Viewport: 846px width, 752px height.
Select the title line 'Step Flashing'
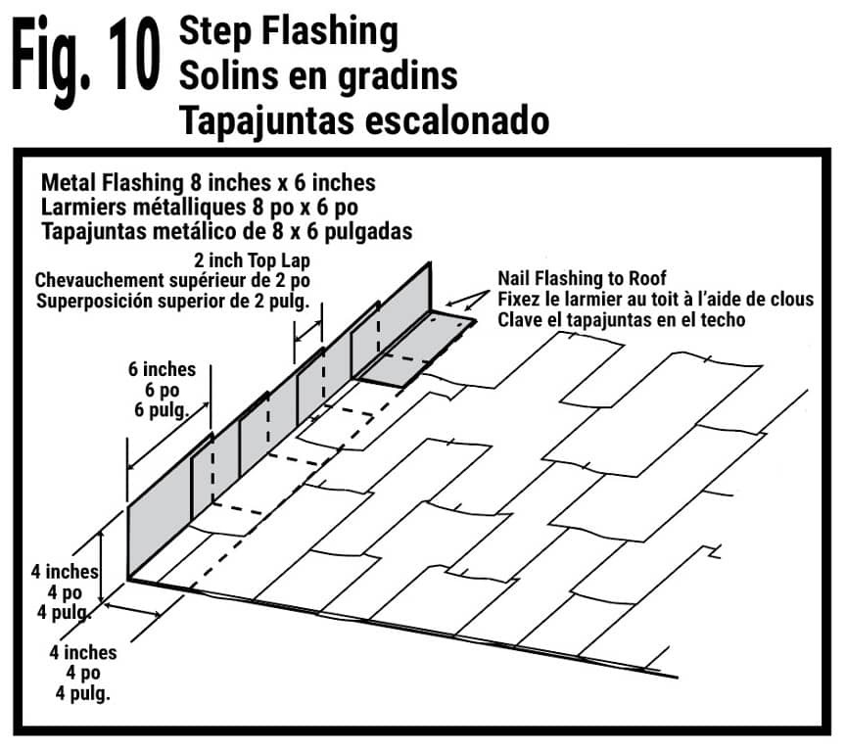[x=289, y=31]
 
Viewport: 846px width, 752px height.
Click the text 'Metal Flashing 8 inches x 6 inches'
[x=209, y=183]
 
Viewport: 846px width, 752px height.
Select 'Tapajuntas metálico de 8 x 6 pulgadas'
[x=225, y=232]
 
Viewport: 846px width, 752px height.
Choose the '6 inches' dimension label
[x=162, y=370]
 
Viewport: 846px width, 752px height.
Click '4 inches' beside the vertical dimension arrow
[x=61, y=573]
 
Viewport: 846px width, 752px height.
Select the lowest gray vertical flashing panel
[x=159, y=534]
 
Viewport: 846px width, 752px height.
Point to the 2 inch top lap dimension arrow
[x=308, y=333]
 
